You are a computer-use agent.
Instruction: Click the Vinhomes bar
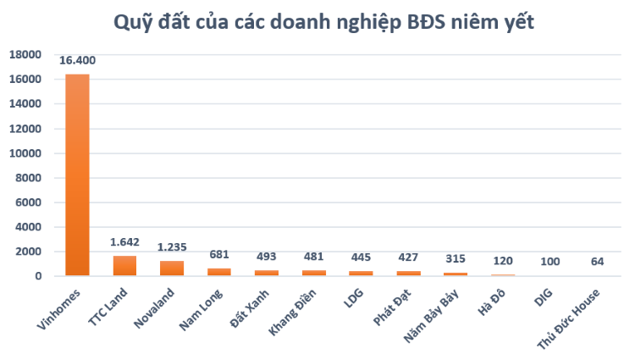click(77, 175)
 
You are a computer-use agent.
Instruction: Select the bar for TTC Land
click(124, 265)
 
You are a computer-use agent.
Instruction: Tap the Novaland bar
click(172, 268)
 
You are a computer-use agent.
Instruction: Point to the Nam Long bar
click(219, 272)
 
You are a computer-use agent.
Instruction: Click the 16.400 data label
click(77, 61)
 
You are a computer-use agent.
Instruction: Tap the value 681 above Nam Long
click(219, 254)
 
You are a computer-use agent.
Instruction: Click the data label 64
click(598, 262)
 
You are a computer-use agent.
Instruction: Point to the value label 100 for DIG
click(550, 262)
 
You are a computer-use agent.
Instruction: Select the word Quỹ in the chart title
click(135, 23)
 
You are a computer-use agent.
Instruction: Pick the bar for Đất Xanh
click(267, 273)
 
